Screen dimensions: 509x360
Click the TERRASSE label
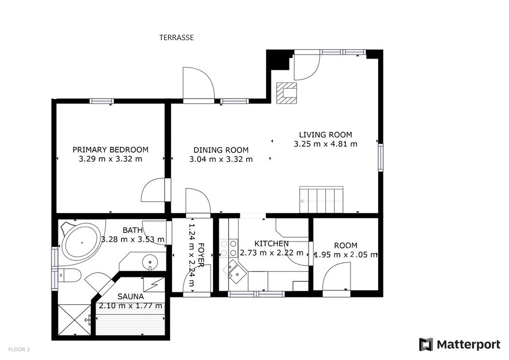pos(176,38)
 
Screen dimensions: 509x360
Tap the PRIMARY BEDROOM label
pos(111,150)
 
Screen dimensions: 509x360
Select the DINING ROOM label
pos(221,150)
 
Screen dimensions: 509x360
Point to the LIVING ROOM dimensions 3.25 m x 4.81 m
pos(325,144)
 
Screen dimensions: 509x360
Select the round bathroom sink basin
pos(150,261)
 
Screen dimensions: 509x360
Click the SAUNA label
pos(130,297)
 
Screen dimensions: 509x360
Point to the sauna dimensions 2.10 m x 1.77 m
pos(130,306)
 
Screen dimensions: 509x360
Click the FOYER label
pos(201,255)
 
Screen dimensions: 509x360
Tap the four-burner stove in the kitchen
pos(228,248)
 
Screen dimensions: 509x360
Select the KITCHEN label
pos(271,244)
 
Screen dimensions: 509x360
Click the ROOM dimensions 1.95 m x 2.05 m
pos(346,255)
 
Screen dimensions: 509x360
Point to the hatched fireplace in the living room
pos(287,93)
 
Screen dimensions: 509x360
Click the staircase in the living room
pos(321,200)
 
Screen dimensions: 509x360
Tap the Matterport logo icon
pos(426,345)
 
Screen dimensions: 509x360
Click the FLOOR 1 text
pos(19,349)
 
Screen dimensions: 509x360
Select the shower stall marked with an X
pos(75,320)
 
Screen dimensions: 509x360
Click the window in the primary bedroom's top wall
pos(101,101)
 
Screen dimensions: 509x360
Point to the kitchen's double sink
pos(235,270)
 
